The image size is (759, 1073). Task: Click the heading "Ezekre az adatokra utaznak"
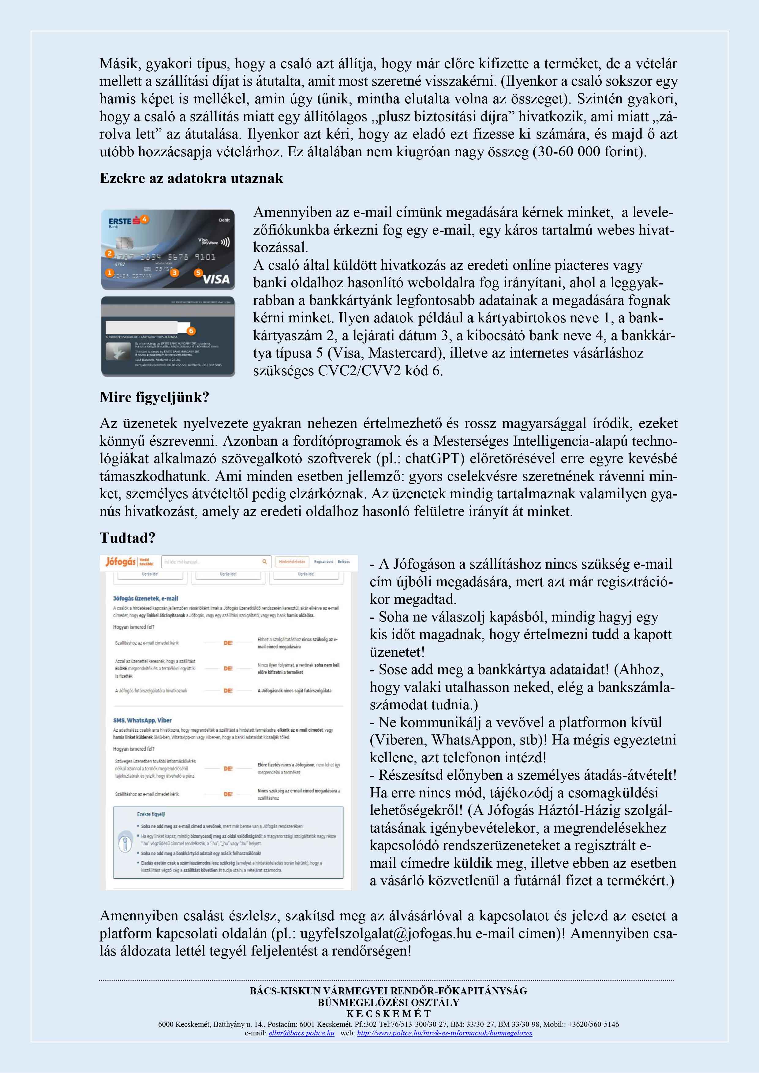(191, 179)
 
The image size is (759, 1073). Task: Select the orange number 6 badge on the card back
(190, 331)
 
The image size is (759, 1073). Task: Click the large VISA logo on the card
(216, 279)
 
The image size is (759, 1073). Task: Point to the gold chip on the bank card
(124, 243)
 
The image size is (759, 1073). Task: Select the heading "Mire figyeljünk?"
(154, 397)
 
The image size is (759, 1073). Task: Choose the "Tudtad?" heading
(127, 538)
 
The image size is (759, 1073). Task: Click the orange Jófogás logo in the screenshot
(120, 562)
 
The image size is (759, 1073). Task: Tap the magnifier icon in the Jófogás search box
(265, 562)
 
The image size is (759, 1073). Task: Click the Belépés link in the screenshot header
(344, 562)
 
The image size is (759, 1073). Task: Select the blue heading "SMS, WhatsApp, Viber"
(142, 720)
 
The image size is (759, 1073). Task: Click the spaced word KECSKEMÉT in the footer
(389, 1014)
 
